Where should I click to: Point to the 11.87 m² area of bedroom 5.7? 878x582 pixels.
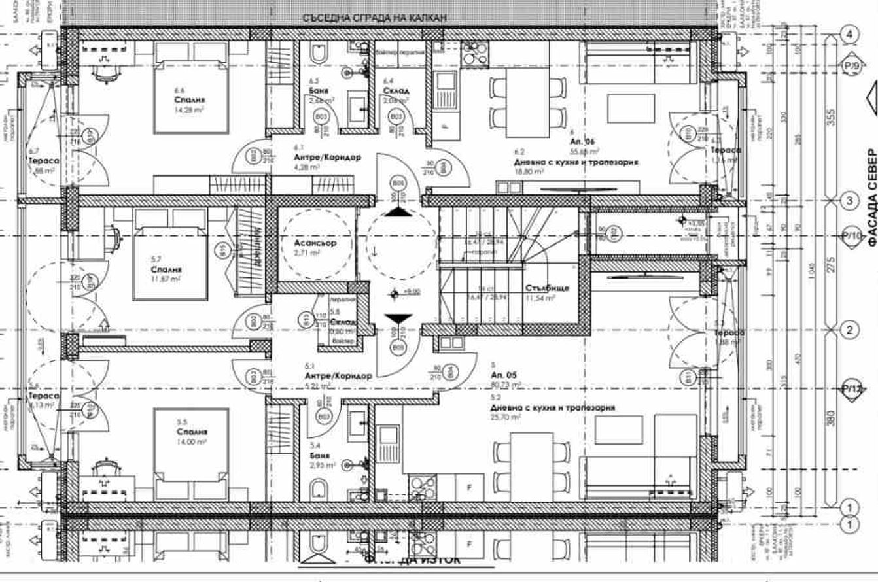click(166, 279)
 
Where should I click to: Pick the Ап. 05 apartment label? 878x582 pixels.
click(504, 375)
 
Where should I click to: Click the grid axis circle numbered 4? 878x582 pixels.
click(850, 34)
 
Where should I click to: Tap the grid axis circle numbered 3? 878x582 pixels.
click(850, 200)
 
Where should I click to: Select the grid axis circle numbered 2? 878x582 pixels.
click(850, 330)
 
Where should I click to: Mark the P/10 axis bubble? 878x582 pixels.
click(851, 236)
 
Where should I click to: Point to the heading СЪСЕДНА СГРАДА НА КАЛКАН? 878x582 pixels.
click(374, 18)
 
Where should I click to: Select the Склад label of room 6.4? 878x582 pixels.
click(396, 90)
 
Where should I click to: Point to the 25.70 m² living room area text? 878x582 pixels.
click(508, 417)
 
